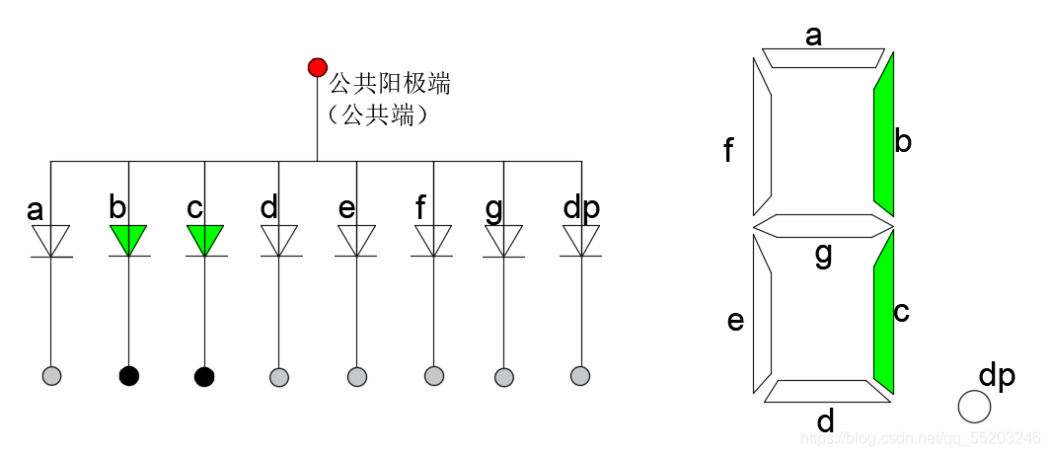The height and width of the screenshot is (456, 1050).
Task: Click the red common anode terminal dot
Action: (x=317, y=67)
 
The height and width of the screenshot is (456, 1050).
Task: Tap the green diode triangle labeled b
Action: (x=128, y=239)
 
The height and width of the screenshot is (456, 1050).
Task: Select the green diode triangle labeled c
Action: (x=204, y=239)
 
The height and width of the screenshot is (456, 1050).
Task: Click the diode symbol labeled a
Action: (x=51, y=240)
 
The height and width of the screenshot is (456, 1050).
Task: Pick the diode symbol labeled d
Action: (x=279, y=240)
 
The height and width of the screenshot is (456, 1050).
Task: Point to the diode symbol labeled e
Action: (x=356, y=240)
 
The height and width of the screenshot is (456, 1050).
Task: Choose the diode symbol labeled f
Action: (x=433, y=240)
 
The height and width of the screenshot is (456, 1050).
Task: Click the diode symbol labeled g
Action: (x=503, y=240)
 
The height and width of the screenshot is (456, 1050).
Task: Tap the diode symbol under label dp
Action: (x=581, y=240)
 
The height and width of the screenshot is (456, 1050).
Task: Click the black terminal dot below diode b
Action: (x=128, y=376)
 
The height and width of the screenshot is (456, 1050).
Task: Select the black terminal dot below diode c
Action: (x=204, y=376)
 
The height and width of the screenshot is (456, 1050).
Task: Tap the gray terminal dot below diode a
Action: (x=52, y=376)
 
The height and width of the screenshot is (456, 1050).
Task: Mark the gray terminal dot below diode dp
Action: (x=580, y=375)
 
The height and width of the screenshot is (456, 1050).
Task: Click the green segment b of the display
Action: (x=883, y=134)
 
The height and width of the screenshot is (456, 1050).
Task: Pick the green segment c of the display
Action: (x=883, y=312)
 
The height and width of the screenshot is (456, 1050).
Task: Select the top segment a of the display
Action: (x=823, y=57)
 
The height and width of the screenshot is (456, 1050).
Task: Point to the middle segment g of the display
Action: (x=823, y=226)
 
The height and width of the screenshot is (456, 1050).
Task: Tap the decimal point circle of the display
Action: (x=974, y=407)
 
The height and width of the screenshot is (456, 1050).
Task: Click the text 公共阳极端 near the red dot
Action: (x=389, y=83)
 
